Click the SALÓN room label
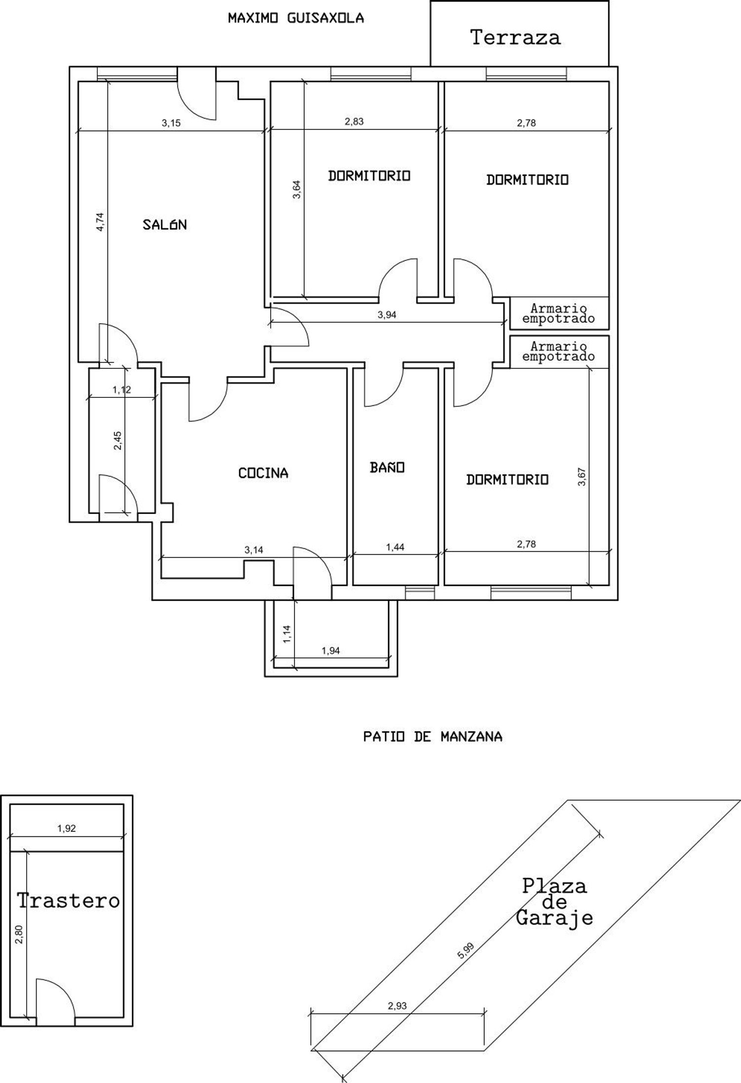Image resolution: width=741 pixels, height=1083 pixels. (x=165, y=225)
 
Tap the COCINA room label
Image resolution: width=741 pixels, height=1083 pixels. (x=263, y=473)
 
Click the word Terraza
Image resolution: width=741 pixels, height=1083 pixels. (x=515, y=38)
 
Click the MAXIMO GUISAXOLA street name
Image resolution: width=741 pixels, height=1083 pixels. (x=296, y=18)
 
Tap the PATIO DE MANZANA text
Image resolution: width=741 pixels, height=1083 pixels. (x=433, y=736)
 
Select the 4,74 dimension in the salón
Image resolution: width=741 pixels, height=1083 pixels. (x=100, y=221)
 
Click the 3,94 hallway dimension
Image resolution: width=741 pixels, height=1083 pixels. (x=387, y=315)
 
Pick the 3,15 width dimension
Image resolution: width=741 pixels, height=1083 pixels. (x=171, y=123)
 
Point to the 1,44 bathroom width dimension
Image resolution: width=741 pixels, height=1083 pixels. (x=395, y=547)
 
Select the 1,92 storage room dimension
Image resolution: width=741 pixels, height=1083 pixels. (x=67, y=828)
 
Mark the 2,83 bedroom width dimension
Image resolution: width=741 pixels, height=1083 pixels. (x=354, y=122)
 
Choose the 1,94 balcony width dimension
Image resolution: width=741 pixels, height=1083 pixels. (x=330, y=650)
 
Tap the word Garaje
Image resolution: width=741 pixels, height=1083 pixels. (x=554, y=919)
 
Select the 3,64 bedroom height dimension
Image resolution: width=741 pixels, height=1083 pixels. (x=296, y=189)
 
